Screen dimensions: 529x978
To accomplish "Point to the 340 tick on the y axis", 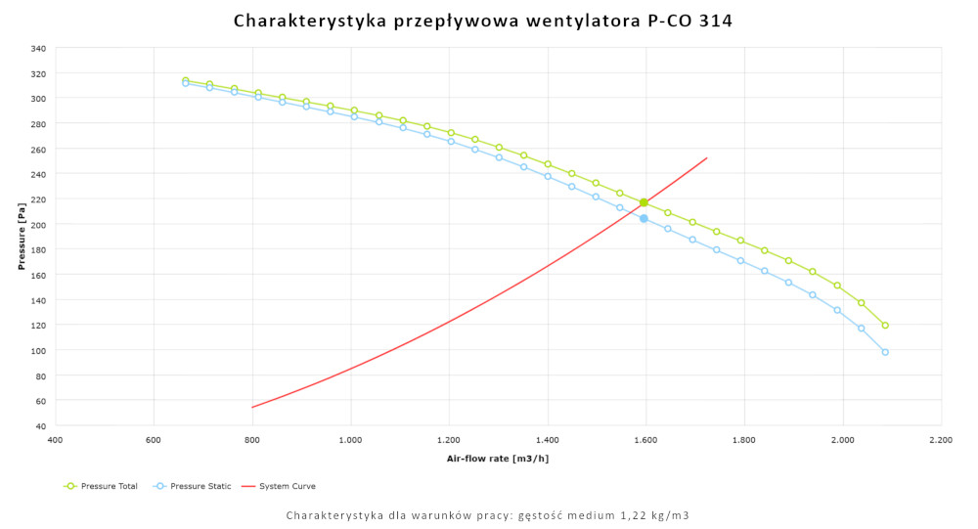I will (x=38, y=48).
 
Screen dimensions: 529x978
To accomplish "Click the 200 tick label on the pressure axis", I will (x=38, y=224).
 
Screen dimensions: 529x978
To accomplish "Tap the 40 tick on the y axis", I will (x=40, y=426).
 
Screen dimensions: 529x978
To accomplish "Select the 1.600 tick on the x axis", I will (x=645, y=441).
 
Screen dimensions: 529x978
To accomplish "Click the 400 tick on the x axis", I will (x=55, y=441).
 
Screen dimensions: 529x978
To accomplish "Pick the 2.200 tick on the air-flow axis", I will (x=941, y=441).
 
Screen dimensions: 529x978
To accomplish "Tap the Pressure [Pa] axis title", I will (x=22, y=238).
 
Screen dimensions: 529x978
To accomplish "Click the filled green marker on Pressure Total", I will (x=644, y=202).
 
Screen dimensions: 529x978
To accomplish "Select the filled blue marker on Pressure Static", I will (x=644, y=218).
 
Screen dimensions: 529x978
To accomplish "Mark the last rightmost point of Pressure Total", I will (x=885, y=326).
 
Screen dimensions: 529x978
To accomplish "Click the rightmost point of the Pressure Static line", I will (x=885, y=352).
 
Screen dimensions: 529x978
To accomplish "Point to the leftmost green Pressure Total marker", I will (x=185, y=80).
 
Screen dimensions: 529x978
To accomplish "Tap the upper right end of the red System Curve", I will (x=707, y=157).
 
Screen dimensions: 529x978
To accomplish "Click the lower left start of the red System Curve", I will (x=252, y=408).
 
